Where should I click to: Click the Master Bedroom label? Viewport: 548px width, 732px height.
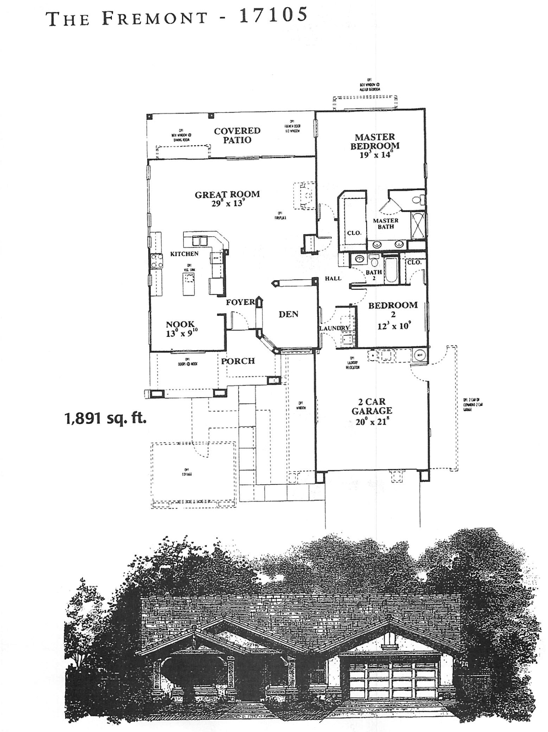(x=375, y=141)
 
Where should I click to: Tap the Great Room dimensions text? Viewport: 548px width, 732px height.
(x=228, y=203)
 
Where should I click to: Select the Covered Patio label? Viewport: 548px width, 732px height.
(x=237, y=135)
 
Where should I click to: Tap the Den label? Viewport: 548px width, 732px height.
(x=288, y=314)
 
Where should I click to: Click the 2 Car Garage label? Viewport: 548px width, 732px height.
(x=371, y=406)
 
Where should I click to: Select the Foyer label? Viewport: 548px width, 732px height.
(x=240, y=302)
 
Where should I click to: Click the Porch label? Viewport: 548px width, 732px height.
(x=238, y=361)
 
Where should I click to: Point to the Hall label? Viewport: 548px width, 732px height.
(x=333, y=278)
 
